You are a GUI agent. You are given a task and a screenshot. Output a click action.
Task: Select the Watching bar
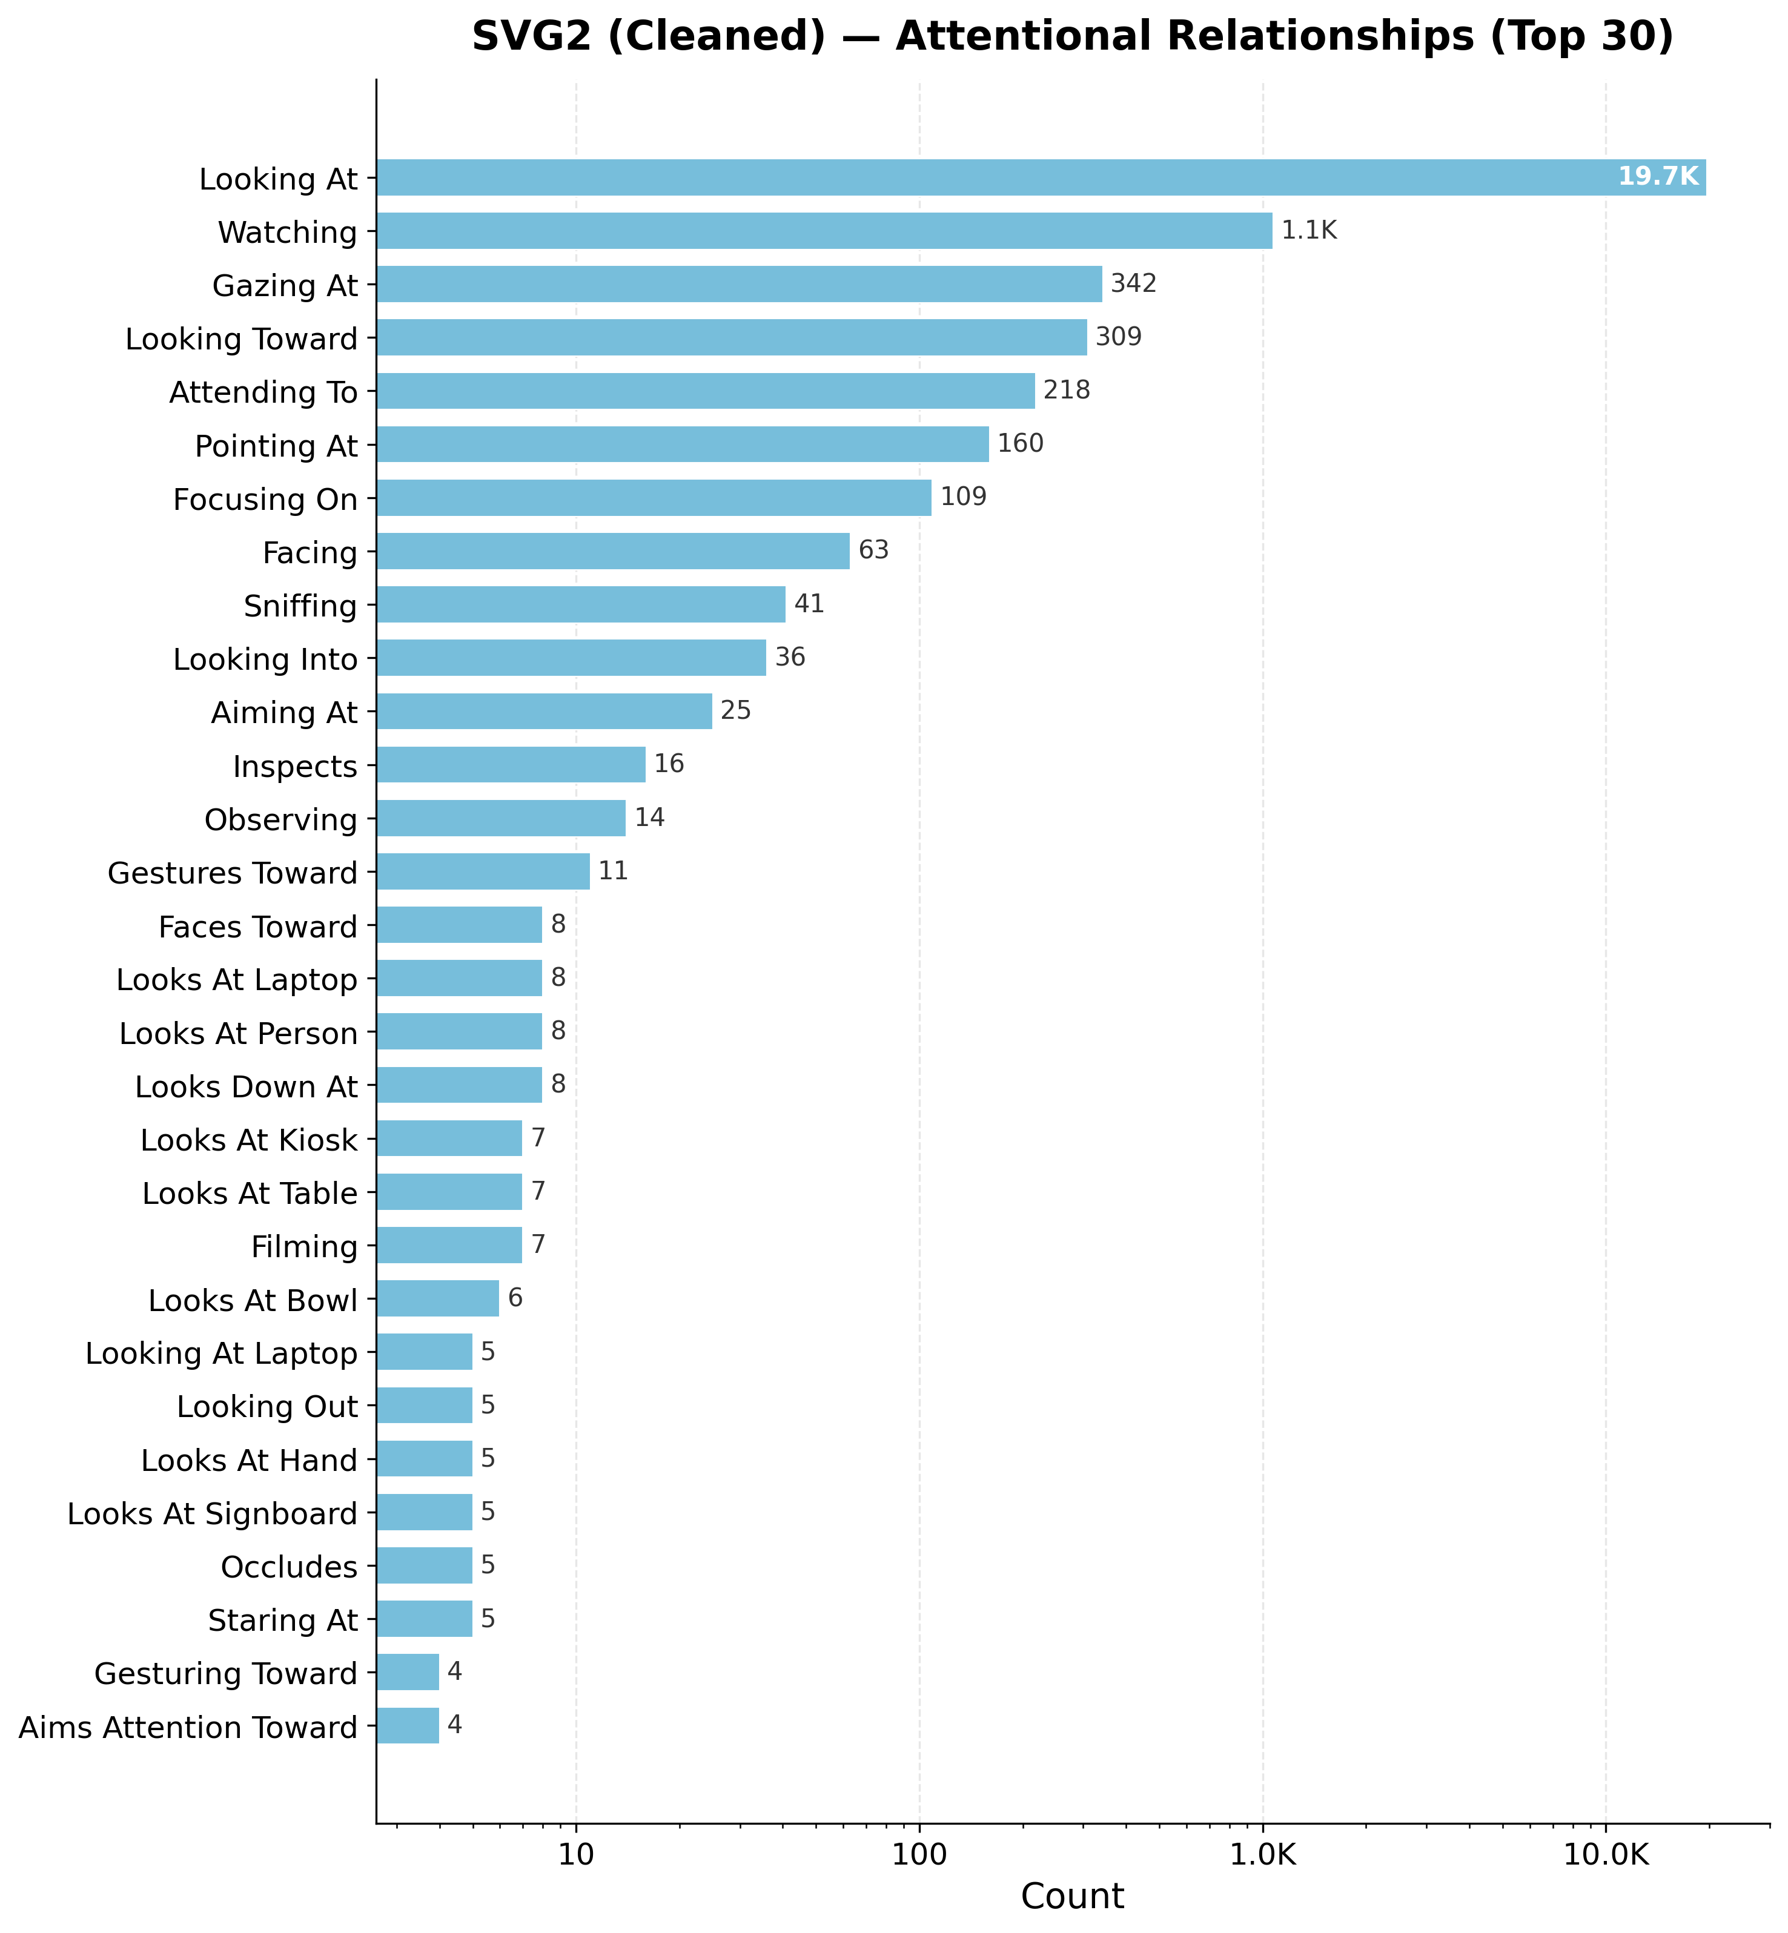[824, 231]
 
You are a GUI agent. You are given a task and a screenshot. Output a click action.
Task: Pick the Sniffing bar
[580, 604]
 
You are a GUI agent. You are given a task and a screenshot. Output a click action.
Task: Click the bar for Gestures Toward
[483, 871]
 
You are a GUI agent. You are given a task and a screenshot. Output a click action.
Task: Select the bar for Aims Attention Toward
[408, 1726]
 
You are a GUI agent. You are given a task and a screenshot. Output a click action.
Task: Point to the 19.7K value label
[1657, 177]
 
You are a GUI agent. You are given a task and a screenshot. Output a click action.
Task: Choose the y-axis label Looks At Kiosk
[249, 1141]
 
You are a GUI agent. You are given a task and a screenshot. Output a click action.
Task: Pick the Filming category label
[305, 1247]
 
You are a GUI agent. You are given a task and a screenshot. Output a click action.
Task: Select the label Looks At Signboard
[213, 1514]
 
